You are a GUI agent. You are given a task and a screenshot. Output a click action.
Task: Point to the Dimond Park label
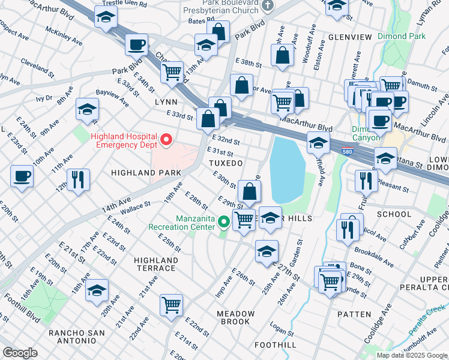pos(402,36)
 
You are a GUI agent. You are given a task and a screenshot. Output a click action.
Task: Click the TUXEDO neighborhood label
pos(225,163)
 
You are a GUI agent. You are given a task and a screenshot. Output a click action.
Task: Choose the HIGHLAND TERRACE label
pos(156,264)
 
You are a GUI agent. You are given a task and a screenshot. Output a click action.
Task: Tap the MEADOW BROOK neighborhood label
pos(236,317)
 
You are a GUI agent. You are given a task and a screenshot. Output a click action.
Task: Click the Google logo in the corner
pos(20,353)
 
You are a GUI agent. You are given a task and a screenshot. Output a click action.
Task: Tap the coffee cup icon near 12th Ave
pos(22,177)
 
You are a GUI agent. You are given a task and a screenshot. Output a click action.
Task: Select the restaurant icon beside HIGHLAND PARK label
pos(78,179)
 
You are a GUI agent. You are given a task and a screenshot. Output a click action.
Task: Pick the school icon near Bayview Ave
pos(87,110)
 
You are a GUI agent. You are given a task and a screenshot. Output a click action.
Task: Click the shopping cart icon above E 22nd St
pos(172,305)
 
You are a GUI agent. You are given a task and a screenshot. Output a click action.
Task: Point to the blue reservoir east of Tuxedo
pos(287,168)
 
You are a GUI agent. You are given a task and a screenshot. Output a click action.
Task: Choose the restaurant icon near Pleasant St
pos(366,179)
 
